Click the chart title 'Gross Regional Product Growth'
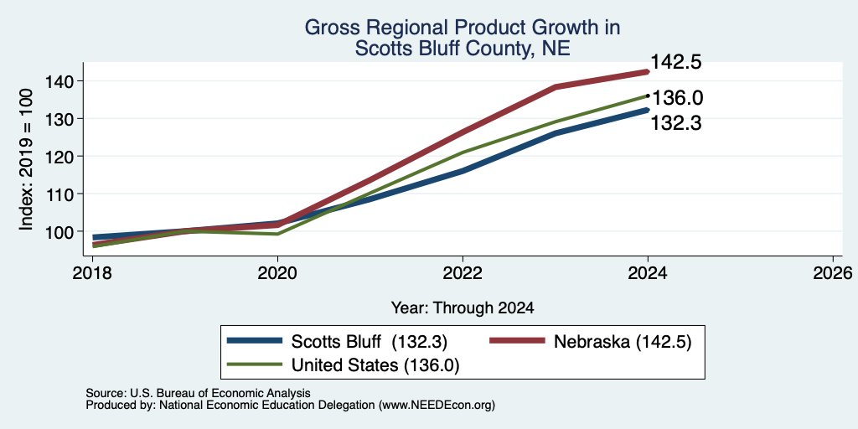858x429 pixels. point(463,28)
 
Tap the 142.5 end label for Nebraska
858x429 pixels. point(676,62)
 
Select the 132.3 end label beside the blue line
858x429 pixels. point(676,124)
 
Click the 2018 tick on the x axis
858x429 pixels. point(92,272)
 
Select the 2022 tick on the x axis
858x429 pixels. point(463,272)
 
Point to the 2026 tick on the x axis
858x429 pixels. point(833,272)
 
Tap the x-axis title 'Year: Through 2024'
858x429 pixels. point(463,308)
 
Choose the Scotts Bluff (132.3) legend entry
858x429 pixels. point(338,342)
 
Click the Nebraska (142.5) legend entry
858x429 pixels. point(591,342)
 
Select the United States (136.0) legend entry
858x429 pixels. point(343,365)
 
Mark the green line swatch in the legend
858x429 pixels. point(254,364)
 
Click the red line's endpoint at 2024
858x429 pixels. point(648,72)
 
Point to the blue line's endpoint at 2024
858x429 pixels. point(648,110)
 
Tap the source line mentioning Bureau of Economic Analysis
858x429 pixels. point(198,393)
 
